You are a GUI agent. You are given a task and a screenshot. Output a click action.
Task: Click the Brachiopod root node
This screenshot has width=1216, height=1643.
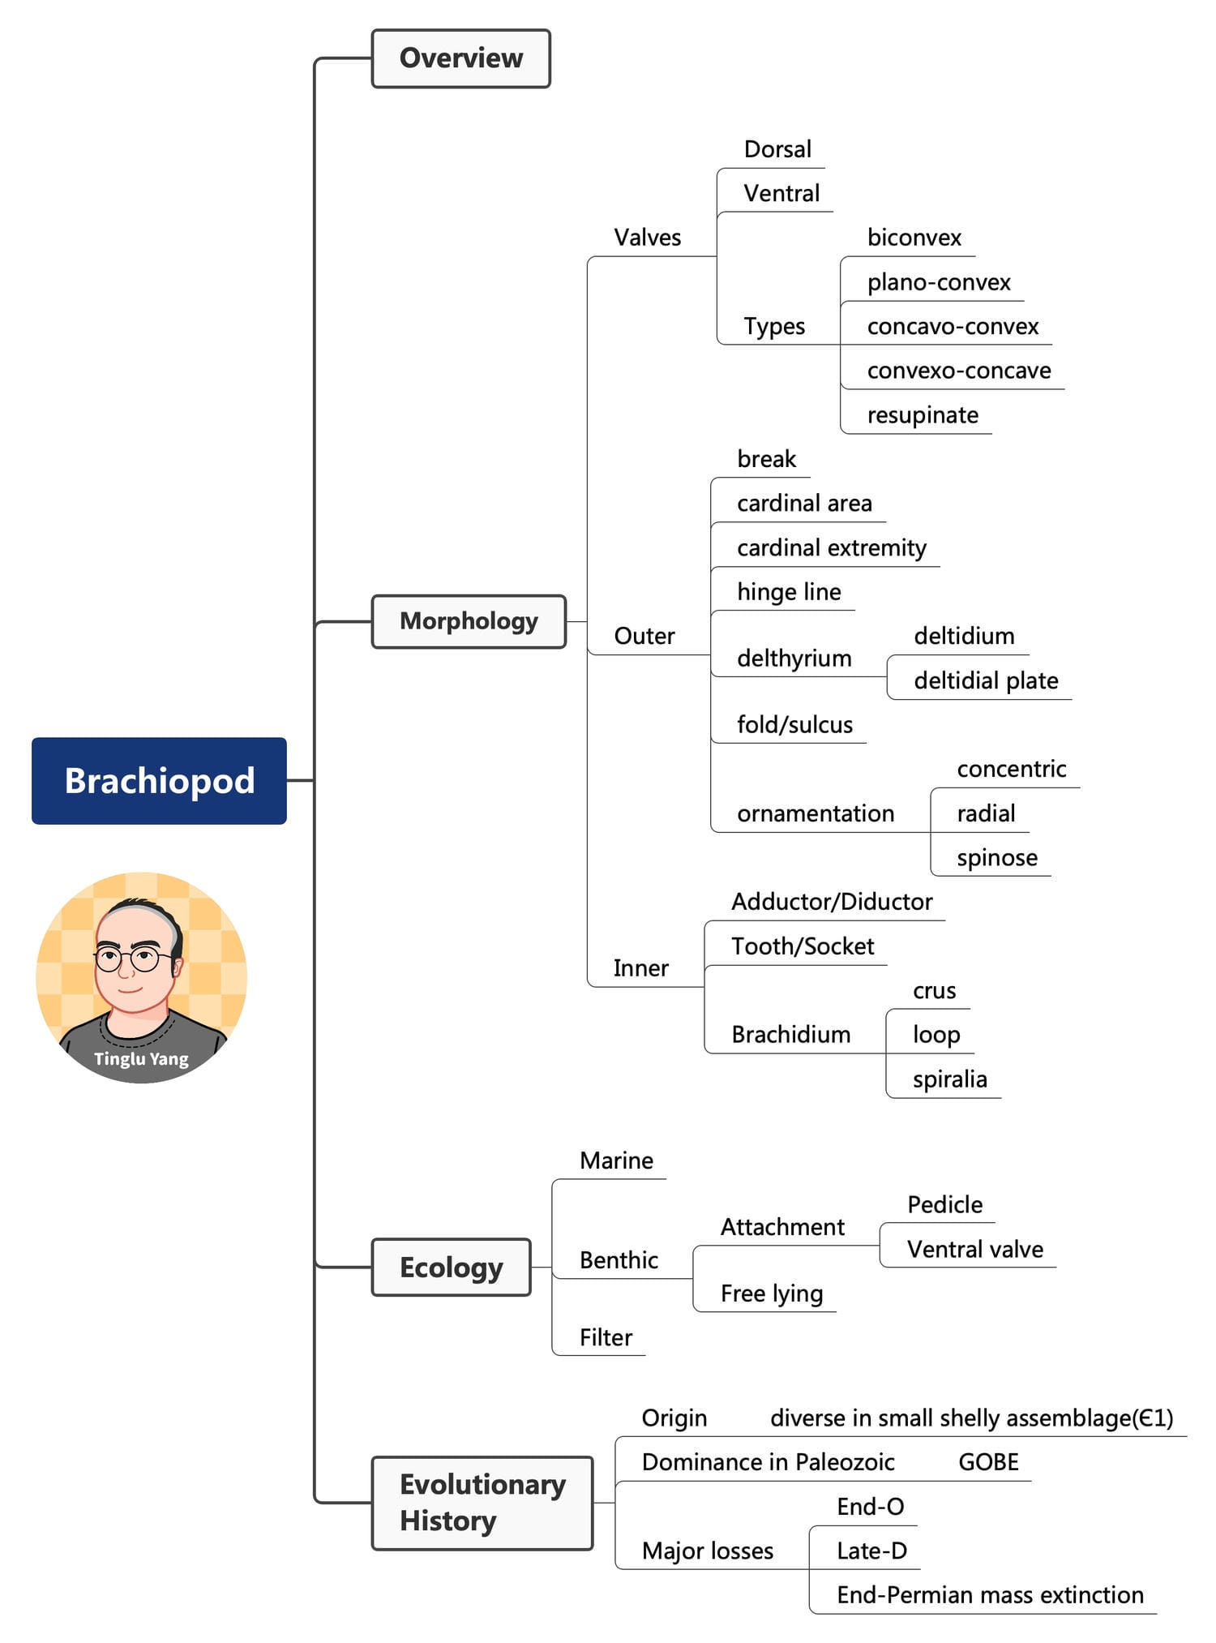(x=159, y=780)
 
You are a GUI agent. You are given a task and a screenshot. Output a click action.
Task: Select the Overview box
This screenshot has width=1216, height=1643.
(x=460, y=58)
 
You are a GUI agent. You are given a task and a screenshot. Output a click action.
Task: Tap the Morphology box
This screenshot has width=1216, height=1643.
(x=469, y=621)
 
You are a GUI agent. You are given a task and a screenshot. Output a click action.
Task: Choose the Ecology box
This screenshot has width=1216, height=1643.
(x=451, y=1267)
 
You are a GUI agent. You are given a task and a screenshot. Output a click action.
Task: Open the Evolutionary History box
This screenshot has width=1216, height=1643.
(x=482, y=1502)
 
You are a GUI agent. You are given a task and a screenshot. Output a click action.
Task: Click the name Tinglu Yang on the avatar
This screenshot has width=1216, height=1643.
(x=141, y=1058)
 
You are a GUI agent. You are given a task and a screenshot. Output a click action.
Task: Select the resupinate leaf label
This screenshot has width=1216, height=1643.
(x=923, y=415)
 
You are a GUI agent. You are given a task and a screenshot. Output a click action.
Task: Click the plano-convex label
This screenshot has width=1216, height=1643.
(x=939, y=282)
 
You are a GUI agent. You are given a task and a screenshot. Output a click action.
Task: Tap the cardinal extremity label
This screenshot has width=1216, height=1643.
(x=831, y=548)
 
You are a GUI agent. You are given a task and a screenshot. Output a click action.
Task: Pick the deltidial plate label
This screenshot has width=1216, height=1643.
(x=986, y=680)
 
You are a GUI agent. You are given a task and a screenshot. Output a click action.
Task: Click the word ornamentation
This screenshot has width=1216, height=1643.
(x=816, y=813)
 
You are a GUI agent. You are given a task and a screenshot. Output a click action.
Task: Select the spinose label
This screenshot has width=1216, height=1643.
(x=997, y=858)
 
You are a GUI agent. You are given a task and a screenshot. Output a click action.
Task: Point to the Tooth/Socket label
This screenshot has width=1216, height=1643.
(x=803, y=946)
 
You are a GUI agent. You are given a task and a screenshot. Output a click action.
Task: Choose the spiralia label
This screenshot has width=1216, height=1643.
(x=949, y=1079)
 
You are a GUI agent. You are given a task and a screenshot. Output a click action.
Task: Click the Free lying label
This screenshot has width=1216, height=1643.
(x=772, y=1293)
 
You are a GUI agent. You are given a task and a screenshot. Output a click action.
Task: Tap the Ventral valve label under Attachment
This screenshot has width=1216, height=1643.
(x=975, y=1249)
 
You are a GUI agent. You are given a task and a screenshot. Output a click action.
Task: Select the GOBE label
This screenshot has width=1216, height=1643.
(x=988, y=1462)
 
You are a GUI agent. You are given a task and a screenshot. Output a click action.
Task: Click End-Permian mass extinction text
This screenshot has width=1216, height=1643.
(x=990, y=1595)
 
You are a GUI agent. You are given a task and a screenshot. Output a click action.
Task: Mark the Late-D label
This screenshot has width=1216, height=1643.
(x=871, y=1551)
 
